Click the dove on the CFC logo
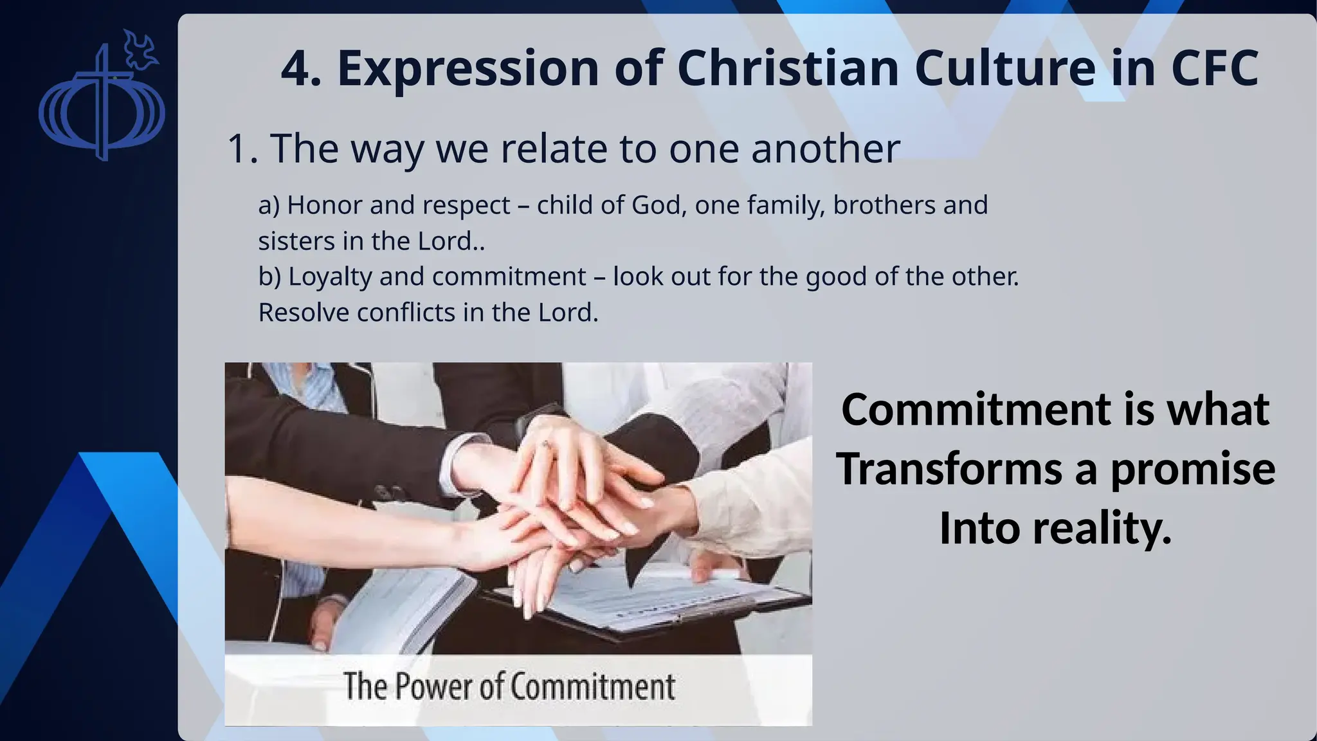pos(140,50)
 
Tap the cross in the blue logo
pos(101,103)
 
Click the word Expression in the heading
pos(468,69)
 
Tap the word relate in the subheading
pos(553,149)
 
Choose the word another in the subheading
pos(825,149)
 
